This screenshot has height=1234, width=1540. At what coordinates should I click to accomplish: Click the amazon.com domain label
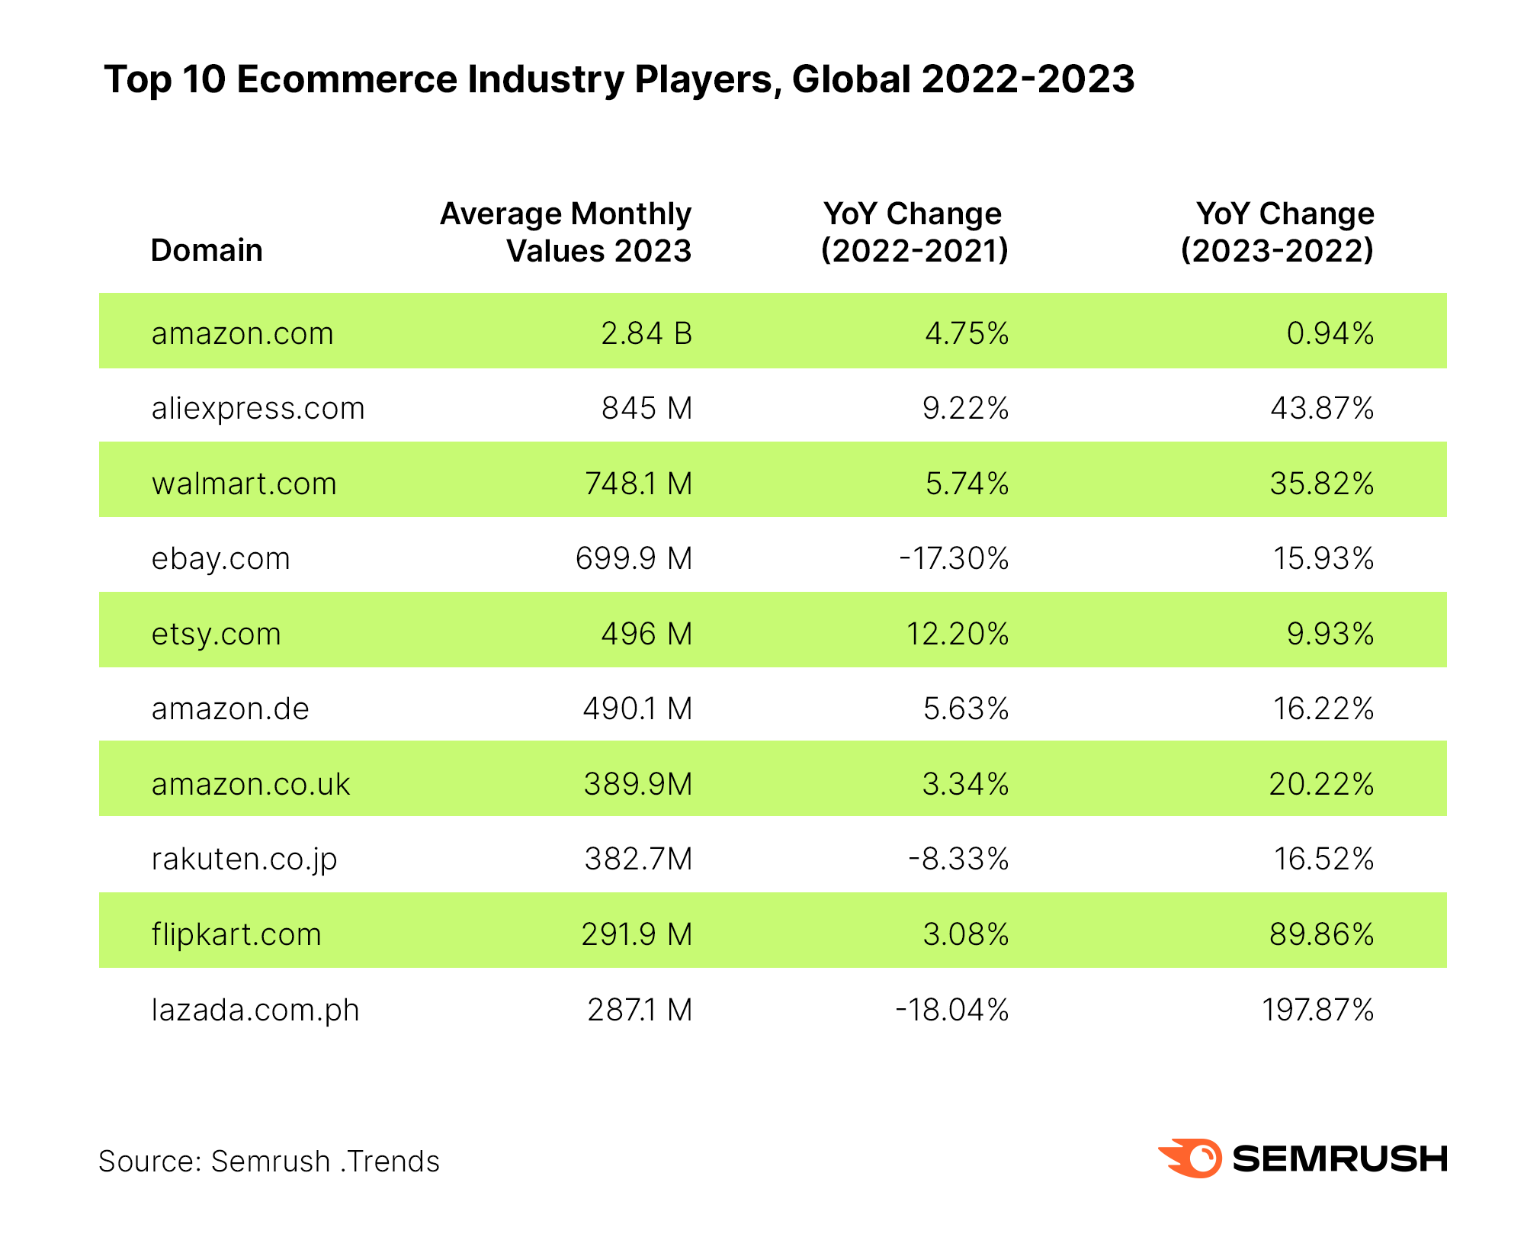point(242,333)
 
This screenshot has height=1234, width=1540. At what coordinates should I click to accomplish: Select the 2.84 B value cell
point(646,333)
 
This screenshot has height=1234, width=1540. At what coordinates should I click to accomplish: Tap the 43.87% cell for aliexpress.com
point(1321,408)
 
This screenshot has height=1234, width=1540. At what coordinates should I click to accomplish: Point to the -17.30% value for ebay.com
point(953,558)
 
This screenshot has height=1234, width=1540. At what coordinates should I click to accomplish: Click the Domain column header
point(207,250)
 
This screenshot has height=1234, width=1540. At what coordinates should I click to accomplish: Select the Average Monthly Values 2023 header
point(566,232)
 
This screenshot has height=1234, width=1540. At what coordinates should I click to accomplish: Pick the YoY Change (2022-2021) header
point(914,232)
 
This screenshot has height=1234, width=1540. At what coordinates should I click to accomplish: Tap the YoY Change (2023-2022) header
point(1278,232)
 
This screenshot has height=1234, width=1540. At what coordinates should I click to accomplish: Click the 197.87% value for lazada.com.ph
point(1317,1010)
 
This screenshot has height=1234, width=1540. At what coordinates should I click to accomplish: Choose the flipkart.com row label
point(236,934)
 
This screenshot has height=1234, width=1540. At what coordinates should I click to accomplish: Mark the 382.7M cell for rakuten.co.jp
point(638,859)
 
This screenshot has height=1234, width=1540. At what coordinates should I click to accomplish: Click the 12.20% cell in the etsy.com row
point(957,634)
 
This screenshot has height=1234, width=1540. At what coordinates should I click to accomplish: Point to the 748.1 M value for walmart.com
point(638,484)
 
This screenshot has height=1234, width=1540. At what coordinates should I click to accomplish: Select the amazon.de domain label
point(230,709)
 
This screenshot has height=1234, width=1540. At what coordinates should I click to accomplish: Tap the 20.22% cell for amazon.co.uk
point(1321,784)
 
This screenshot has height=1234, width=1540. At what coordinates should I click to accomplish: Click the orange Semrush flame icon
point(1192,1158)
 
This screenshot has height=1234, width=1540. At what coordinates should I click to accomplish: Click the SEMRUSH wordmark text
point(1339,1158)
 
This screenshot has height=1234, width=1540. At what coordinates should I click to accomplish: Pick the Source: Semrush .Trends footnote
point(269,1162)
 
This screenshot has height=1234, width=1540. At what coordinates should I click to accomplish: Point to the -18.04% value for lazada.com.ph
point(951,1010)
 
